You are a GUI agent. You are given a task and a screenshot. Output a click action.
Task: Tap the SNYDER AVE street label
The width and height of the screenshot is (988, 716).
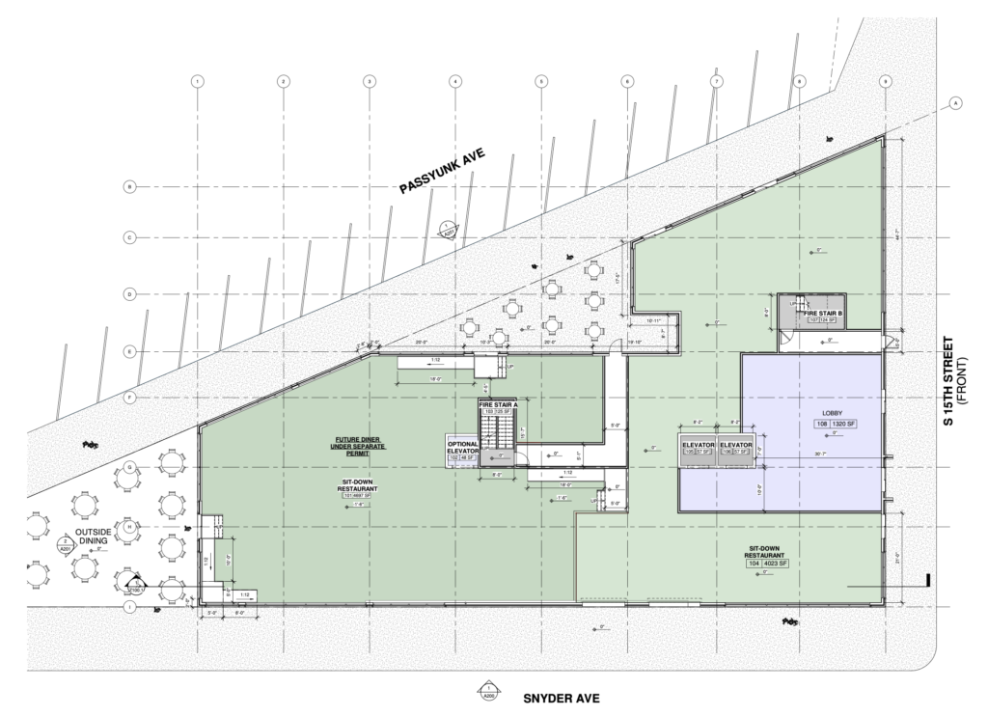point(563,696)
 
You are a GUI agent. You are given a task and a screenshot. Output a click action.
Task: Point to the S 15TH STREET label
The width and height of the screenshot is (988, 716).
point(951,381)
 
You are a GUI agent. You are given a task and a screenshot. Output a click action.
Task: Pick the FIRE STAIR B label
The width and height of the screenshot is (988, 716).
point(824,314)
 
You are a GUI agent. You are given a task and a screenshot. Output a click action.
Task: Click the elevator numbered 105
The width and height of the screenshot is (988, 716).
point(698,445)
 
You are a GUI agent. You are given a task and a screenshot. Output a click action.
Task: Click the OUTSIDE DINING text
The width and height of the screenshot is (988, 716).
point(96,537)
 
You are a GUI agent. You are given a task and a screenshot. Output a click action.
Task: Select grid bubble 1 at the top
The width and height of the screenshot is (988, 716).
point(197,81)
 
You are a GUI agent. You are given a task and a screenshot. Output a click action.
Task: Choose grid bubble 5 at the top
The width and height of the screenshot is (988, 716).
point(541,81)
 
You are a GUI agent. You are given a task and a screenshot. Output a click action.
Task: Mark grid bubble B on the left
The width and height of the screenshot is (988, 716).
point(127,186)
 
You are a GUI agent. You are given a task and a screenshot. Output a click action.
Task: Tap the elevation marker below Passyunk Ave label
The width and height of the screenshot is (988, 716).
point(448,230)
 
